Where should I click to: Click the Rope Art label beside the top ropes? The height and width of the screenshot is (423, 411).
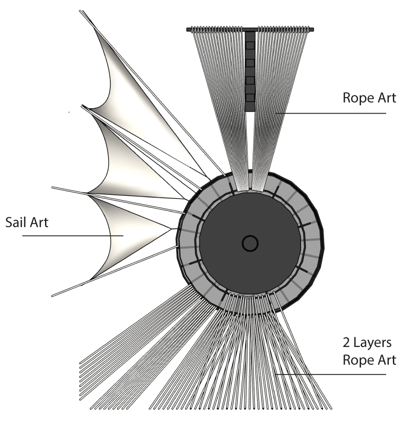369,98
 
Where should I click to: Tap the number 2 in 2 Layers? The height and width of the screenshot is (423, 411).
347,343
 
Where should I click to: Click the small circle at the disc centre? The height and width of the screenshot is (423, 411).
250,243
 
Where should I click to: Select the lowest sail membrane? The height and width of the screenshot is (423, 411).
119,234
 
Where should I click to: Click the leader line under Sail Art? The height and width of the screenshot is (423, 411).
71,236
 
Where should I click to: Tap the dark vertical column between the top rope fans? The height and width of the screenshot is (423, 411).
250,71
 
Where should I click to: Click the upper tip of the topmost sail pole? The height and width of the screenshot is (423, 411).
81,11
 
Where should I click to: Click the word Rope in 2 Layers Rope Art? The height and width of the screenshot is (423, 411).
358,359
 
